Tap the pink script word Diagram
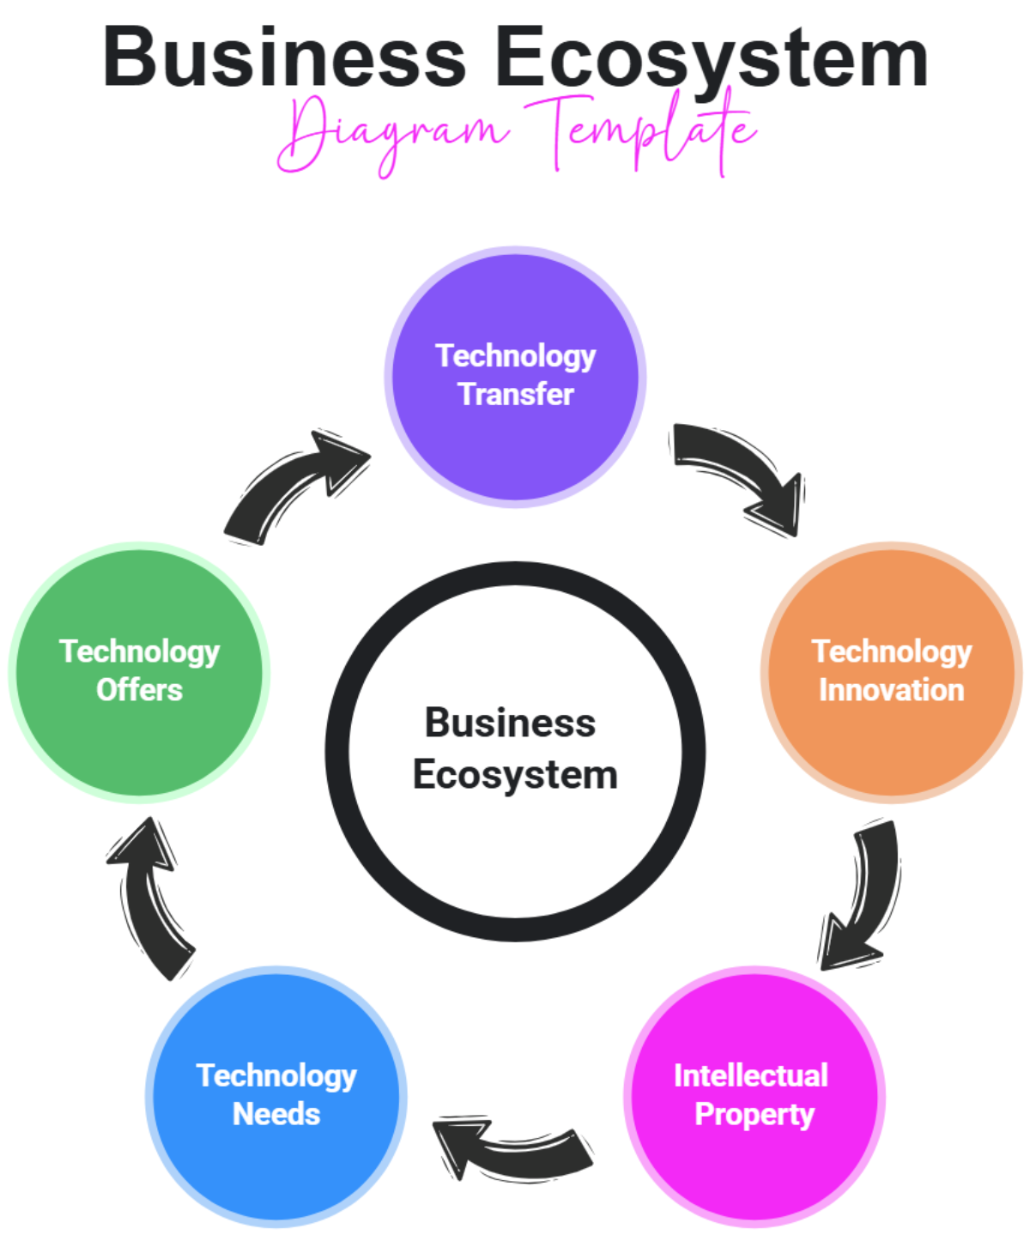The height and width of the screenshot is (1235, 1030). coord(391,133)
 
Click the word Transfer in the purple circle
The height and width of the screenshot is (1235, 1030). coord(516,394)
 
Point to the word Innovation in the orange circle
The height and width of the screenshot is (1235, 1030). coord(891,690)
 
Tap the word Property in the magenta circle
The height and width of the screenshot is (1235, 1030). coord(754,1114)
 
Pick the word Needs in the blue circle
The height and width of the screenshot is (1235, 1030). coord(276,1114)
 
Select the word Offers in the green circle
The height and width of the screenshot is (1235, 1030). coord(139,690)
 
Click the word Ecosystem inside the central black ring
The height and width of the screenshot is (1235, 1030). coord(515,775)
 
